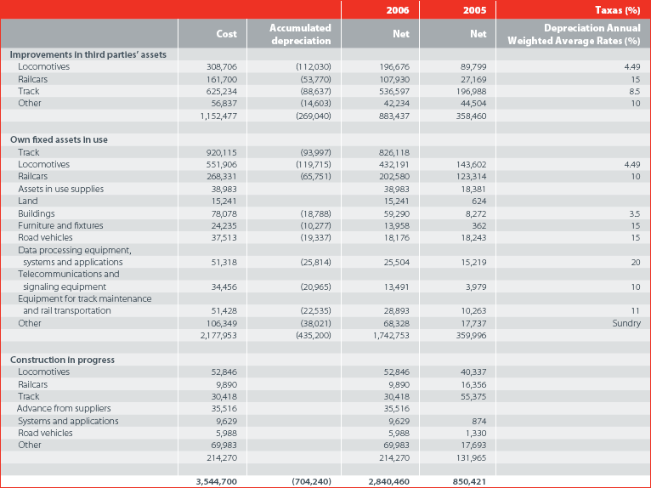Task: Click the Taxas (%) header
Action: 617,10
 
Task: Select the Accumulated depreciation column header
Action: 300,34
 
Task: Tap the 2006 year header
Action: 398,10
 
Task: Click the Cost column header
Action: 226,34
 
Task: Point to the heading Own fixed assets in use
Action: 59,140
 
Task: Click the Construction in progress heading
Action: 62,360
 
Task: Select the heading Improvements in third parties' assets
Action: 88,54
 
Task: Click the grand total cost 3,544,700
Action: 217,482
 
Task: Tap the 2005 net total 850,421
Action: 469,482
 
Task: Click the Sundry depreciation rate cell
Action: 626,323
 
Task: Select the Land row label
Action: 28,201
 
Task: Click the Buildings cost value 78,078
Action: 224,213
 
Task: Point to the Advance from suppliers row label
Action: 64,409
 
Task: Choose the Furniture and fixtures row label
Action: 60,225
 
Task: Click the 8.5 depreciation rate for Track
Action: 635,91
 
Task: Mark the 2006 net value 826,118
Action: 394,152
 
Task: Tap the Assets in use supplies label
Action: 60,189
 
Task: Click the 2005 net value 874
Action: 479,421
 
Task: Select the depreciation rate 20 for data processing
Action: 636,263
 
